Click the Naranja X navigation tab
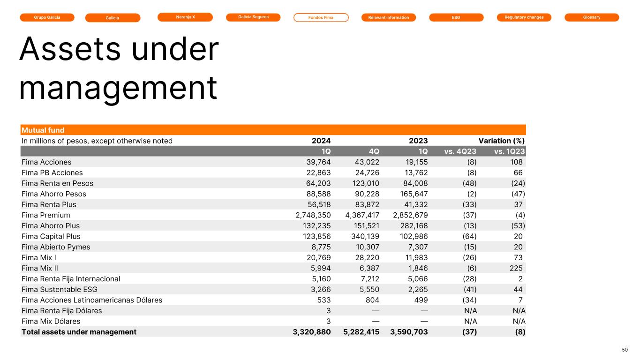point(185,17)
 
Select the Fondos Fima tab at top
point(321,18)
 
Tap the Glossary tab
point(592,17)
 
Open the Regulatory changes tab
point(524,17)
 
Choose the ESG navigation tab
point(456,18)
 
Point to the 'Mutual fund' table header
point(43,130)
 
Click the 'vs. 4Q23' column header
point(460,151)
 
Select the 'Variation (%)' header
point(501,141)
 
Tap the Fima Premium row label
point(46,215)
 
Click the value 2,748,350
point(310,215)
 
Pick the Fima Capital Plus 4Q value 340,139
point(362,236)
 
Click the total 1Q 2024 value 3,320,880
point(310,332)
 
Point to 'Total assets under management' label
point(79,332)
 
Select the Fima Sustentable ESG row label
point(60,289)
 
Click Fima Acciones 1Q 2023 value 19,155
point(415,162)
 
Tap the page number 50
point(625,350)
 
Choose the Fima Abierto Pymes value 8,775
point(320,247)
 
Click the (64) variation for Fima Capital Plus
point(469,236)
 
